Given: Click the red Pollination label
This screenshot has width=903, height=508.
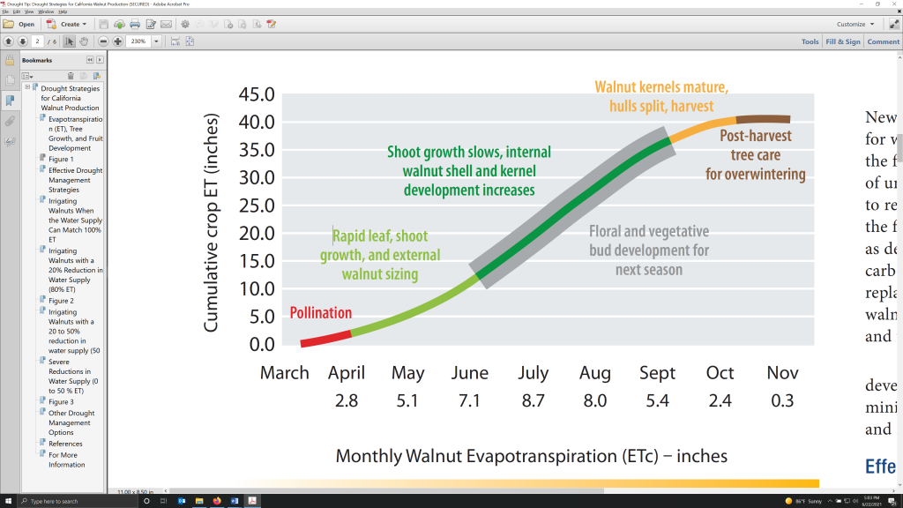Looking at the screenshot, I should coord(321,313).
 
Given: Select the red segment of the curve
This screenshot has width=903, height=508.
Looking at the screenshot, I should coord(325,338).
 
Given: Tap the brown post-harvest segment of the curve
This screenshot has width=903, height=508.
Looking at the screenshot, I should coord(763,119).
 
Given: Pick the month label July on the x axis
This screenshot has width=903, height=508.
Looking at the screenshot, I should coord(533,373).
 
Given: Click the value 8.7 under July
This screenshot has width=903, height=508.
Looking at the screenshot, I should coord(533,400).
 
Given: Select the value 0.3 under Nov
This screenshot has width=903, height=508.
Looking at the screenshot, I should coord(782,400).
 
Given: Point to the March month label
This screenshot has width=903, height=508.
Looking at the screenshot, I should coord(284,373).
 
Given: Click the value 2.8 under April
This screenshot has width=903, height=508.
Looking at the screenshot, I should coord(346,400).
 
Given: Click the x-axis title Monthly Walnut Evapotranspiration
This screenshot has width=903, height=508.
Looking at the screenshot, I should coord(532,456).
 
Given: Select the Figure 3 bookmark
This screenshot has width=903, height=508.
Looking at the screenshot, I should coord(61,401).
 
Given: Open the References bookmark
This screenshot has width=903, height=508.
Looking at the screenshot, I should coord(65,444).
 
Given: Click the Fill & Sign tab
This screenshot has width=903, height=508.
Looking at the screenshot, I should coord(842,41).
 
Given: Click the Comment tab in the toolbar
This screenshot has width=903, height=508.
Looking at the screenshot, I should coord(883,41).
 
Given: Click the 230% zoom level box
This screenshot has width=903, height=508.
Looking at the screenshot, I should coord(138,41).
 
